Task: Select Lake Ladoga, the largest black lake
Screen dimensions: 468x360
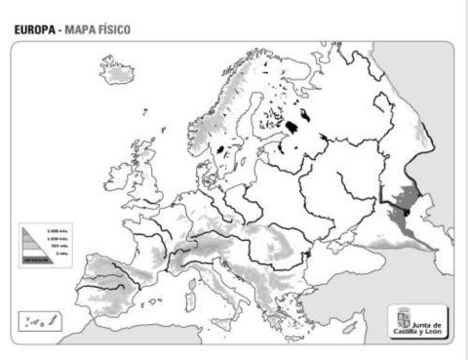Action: (293, 127)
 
